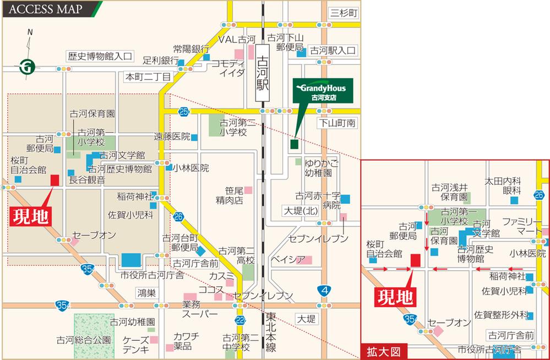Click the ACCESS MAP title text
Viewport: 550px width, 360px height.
[46, 9]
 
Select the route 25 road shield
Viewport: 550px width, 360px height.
[184, 112]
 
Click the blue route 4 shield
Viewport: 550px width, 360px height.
[326, 290]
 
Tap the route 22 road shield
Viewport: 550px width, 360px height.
[239, 320]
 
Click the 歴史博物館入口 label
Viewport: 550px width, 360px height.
[100, 56]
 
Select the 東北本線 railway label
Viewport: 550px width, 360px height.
[271, 332]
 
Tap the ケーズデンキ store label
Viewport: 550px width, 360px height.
[136, 343]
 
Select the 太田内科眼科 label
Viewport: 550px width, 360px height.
[503, 185]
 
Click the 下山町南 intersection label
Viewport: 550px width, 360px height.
[338, 125]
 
